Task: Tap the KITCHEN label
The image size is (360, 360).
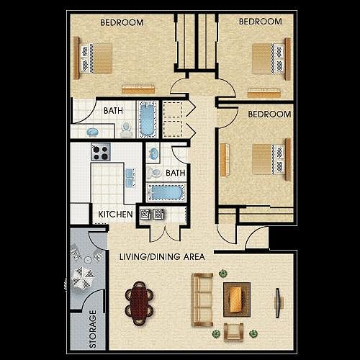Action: pos(115,214)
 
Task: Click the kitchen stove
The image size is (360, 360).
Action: pos(101,153)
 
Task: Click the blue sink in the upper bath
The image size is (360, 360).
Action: pos(94,132)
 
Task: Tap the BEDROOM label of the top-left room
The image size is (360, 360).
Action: pos(121,22)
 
